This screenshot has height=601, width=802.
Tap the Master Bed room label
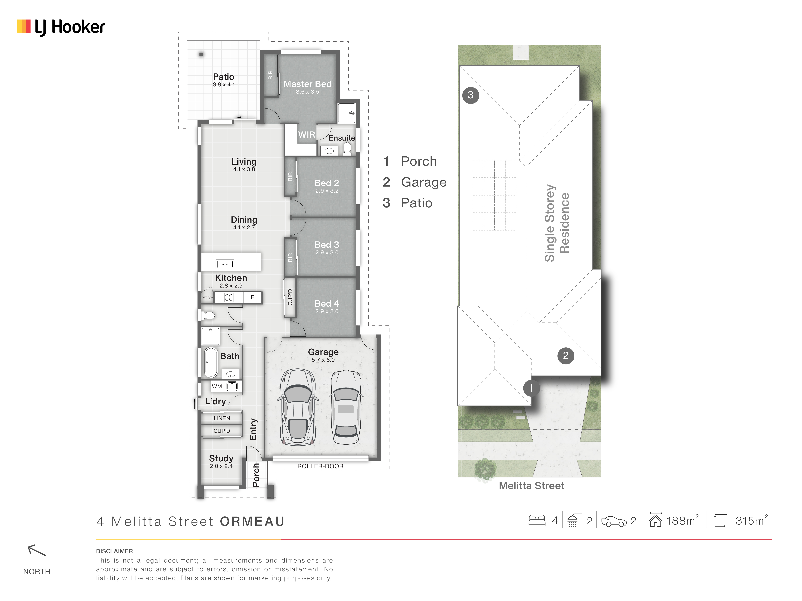[307, 84]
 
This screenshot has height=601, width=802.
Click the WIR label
[306, 135]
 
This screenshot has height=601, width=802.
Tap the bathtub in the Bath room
[211, 362]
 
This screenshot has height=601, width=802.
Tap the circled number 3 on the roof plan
[471, 95]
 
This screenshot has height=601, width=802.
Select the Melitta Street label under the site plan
[532, 486]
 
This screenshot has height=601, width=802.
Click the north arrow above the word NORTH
[37, 550]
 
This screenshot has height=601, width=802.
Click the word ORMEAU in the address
[252, 522]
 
